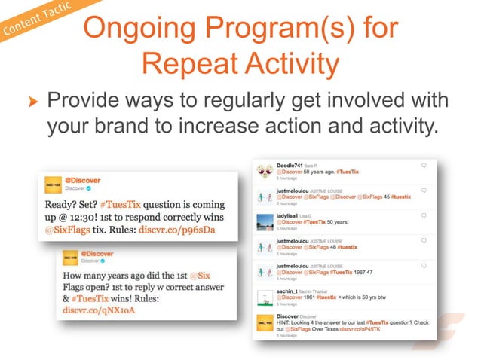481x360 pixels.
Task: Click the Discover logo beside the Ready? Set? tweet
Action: point(53,185)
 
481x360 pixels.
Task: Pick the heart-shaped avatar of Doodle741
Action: point(265,169)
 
